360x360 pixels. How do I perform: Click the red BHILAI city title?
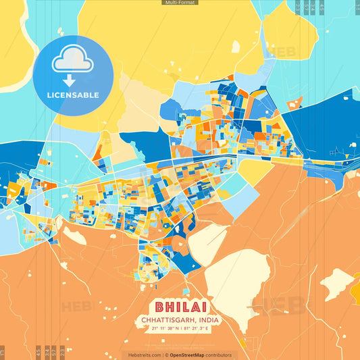[x=179, y=307]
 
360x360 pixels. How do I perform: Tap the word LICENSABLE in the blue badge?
[x=73, y=95]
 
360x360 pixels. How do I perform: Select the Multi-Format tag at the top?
[x=180, y=3]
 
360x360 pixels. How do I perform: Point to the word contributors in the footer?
[x=219, y=355]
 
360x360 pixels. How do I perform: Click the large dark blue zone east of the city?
[x=317, y=128]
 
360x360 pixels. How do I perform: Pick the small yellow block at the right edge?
[x=356, y=290]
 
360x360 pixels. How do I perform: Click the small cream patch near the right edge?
[x=336, y=283]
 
